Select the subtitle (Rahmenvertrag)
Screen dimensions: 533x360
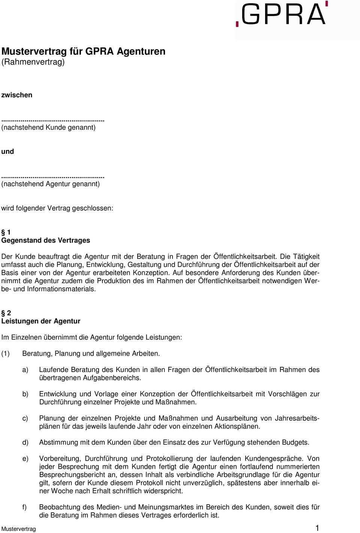click(x=33, y=62)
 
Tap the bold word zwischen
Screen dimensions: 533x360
click(x=17, y=95)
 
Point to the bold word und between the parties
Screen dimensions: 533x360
click(x=7, y=152)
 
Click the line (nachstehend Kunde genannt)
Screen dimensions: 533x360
click(x=48, y=127)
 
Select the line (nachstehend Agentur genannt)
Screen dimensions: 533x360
click(x=51, y=184)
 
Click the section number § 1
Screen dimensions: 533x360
click(x=6, y=233)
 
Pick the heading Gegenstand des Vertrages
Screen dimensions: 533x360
click(x=46, y=240)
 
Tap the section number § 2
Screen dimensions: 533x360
click(x=6, y=313)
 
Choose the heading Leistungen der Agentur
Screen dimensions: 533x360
click(x=41, y=321)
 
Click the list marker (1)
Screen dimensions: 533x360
click(x=6, y=353)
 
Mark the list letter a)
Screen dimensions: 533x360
click(x=25, y=370)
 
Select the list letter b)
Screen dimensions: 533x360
click(x=25, y=394)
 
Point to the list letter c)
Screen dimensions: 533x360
click(x=25, y=418)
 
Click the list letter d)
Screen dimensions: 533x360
click(x=25, y=443)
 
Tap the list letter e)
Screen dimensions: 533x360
click(x=25, y=459)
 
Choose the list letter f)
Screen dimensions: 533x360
click(x=24, y=507)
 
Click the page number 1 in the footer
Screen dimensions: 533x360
click(x=317, y=528)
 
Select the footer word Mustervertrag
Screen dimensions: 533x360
click(x=19, y=529)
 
